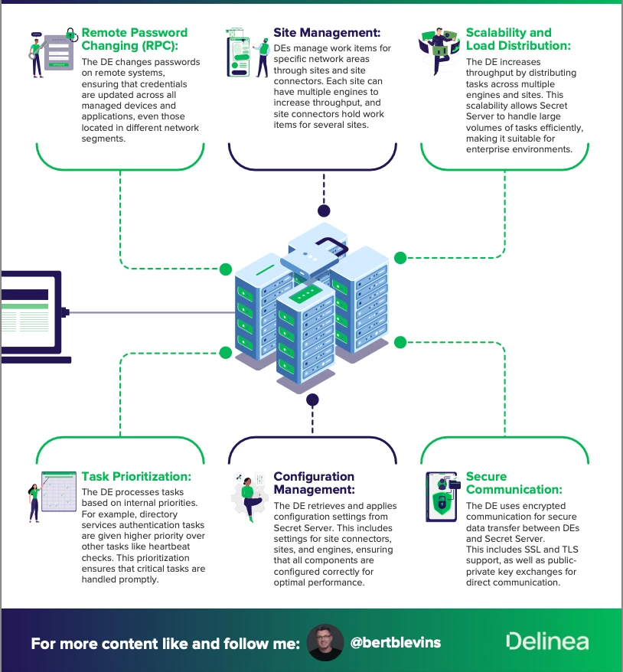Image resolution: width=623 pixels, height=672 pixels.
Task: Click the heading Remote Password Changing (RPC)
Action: [134, 40]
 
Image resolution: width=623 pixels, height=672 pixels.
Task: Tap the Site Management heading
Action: [327, 33]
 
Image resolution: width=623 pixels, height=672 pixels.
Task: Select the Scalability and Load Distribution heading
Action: [519, 40]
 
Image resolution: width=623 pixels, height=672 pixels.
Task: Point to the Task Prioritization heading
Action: [136, 476]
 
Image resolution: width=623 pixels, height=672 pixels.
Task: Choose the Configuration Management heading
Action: [314, 483]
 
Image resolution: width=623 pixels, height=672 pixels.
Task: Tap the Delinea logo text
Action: [546, 641]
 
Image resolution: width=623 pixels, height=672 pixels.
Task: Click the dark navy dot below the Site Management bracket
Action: [324, 210]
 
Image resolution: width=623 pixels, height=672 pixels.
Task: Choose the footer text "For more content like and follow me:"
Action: [165, 643]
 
